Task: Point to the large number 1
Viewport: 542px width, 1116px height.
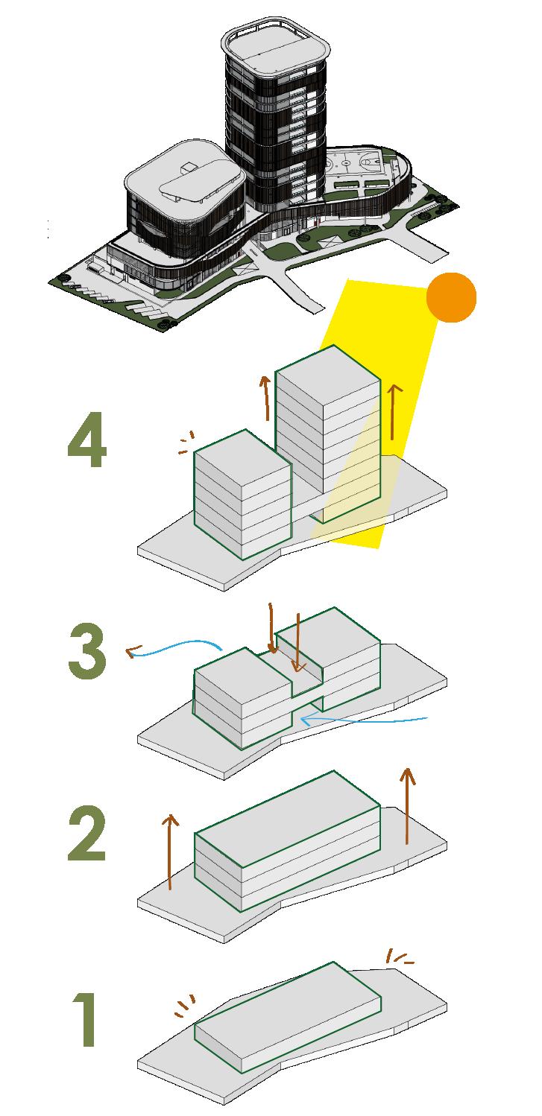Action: pos(86,1020)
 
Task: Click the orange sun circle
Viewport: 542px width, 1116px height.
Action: pos(451,297)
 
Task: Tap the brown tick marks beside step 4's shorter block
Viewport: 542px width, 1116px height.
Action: pos(184,443)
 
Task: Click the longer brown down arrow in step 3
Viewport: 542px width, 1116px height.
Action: pos(271,630)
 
